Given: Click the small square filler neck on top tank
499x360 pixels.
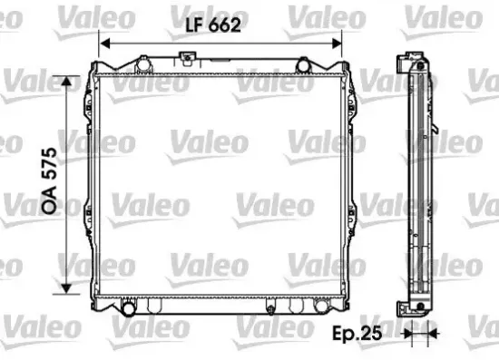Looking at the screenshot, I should (x=190, y=60).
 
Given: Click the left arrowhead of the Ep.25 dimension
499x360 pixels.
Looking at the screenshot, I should (x=405, y=333).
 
